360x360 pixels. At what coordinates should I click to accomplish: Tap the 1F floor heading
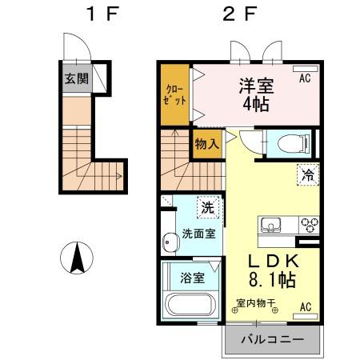pos(99,14)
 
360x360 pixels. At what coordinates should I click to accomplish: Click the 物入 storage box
pos(206,145)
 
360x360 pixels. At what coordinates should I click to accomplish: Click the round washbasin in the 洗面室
pos(169,241)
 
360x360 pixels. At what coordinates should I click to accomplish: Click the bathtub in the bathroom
pos(190,306)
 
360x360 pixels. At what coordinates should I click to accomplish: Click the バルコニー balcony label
pos(272,339)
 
